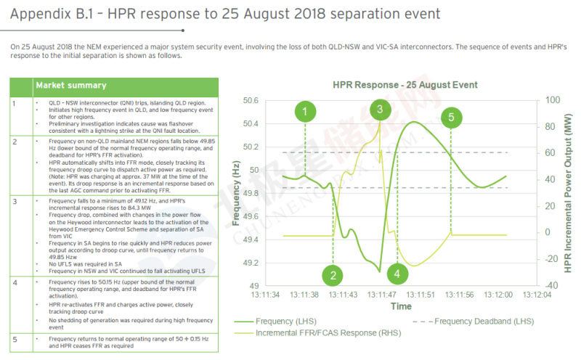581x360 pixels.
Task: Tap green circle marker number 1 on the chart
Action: [306, 111]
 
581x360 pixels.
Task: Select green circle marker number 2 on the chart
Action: [333, 275]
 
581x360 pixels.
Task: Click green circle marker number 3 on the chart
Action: [378, 110]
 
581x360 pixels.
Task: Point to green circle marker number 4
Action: [397, 274]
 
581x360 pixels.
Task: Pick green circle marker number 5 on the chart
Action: [452, 116]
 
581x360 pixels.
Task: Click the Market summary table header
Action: [71, 86]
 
